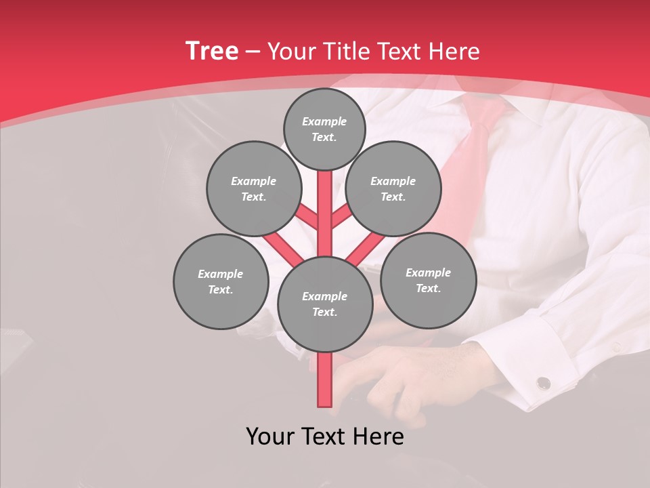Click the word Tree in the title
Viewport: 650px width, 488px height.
(x=212, y=51)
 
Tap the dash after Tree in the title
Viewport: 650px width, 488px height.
(x=253, y=52)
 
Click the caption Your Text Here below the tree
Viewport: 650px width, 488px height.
(x=325, y=436)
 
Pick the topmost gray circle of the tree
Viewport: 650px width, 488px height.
(x=324, y=129)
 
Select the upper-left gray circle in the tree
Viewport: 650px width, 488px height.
(x=254, y=188)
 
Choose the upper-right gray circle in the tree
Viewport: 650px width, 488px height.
(x=393, y=188)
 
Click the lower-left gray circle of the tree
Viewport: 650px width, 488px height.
(x=221, y=281)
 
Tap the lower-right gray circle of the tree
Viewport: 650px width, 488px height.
(x=428, y=280)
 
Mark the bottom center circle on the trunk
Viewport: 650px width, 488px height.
(x=325, y=304)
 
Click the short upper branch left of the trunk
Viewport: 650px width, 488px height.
(x=307, y=217)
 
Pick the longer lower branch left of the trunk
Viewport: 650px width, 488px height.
(x=283, y=248)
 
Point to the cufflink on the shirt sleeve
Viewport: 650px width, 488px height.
(x=543, y=384)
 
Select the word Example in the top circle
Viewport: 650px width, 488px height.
(x=324, y=121)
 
